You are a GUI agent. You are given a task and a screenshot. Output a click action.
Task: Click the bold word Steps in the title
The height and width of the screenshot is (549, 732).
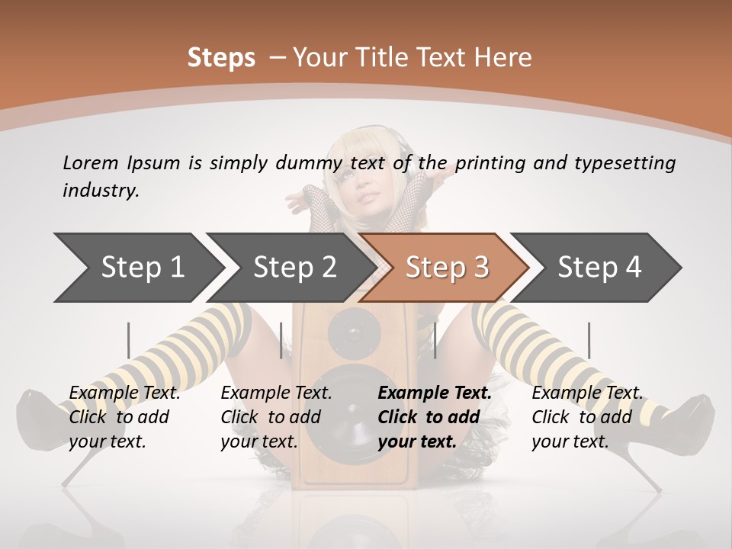coord(221,57)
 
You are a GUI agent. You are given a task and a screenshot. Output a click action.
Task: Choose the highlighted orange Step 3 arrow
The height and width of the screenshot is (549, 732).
coord(447,268)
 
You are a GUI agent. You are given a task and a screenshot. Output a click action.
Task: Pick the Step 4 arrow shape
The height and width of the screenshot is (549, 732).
coord(599,268)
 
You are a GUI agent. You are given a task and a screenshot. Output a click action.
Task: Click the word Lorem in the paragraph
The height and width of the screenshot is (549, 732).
coord(90,162)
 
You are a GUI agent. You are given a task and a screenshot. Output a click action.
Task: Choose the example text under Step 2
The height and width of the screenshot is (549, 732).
coord(276,417)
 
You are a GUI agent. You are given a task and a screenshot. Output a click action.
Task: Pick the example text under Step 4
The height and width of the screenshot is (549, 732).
coord(587,417)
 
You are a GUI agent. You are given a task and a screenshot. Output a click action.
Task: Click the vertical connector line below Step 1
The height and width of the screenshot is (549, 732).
coord(128,339)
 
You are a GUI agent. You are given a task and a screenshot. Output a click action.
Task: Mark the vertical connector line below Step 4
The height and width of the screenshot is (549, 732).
coord(589,339)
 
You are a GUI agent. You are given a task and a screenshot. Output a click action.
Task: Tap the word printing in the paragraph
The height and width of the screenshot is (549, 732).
coord(485,162)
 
